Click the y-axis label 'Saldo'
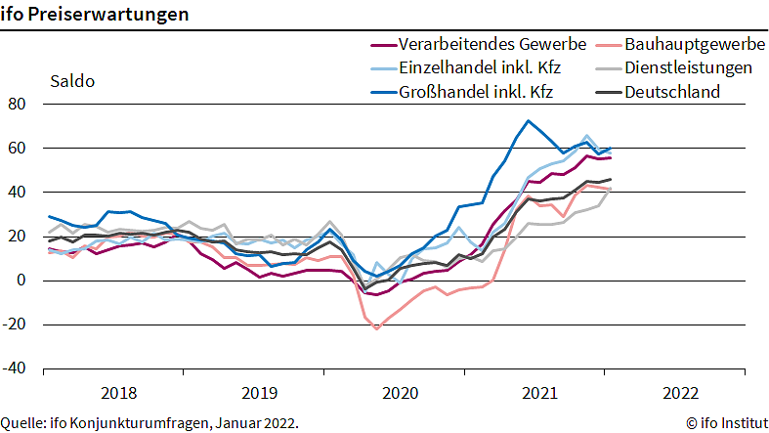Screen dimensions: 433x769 (x=72, y=81)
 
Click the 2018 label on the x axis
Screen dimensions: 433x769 (x=119, y=393)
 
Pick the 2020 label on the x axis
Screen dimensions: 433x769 (x=399, y=393)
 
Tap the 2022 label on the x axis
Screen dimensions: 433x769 (x=679, y=393)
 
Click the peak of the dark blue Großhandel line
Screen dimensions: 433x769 (x=528, y=121)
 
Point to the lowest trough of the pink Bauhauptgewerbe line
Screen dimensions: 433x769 (x=376, y=328)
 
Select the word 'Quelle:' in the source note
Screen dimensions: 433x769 (x=24, y=423)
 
